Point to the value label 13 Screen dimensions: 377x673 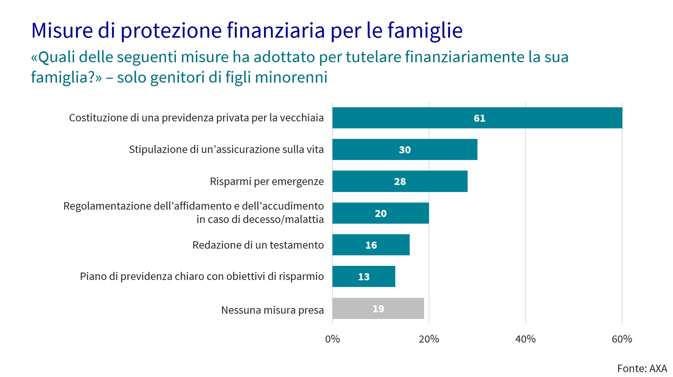[364, 277]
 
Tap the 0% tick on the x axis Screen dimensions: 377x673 [332, 339]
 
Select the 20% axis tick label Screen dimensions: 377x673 [429, 339]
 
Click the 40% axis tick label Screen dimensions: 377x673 [525, 339]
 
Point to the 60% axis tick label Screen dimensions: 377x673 [622, 339]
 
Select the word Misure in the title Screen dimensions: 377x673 [62, 31]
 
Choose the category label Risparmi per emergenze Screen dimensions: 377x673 [267, 181]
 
